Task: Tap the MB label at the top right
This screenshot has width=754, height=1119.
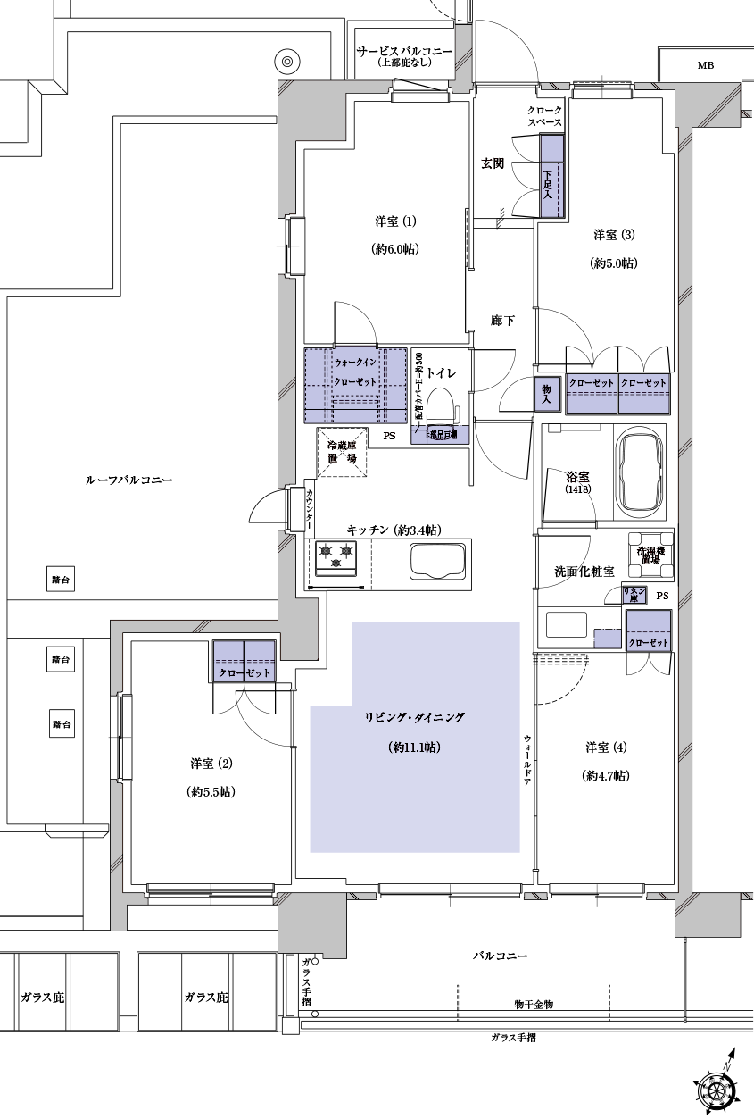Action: [x=706, y=65]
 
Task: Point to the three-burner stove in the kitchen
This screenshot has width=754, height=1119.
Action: [x=336, y=556]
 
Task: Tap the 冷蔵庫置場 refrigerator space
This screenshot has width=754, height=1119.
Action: [x=341, y=452]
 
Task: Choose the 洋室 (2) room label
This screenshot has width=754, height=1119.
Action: [x=212, y=763]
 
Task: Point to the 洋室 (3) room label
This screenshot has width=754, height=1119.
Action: [x=614, y=235]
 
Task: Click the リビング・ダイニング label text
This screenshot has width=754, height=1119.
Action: [x=415, y=717]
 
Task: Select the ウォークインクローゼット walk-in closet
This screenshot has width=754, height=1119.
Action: [x=356, y=384]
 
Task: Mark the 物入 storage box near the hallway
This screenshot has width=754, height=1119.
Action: [x=547, y=392]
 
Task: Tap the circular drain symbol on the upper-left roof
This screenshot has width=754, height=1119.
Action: [x=287, y=62]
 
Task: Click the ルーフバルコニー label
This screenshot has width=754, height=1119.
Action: [x=128, y=480]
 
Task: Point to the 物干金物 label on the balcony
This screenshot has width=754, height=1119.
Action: [x=534, y=1005]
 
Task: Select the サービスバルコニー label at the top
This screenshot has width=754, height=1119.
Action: [x=403, y=52]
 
